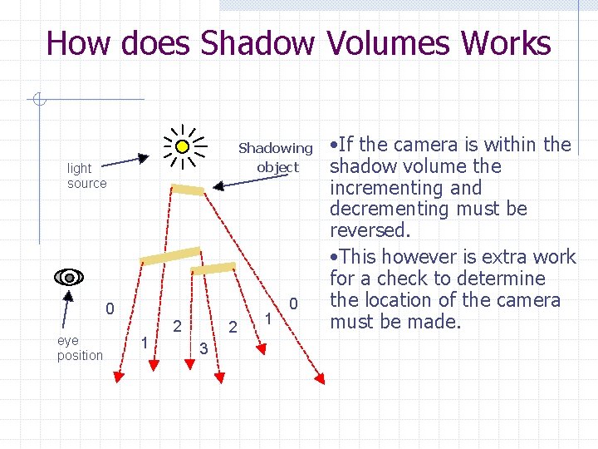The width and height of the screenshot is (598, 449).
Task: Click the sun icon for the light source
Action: coord(183,146)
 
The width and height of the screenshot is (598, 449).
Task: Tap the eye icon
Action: coord(71,277)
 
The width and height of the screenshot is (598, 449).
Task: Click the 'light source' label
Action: coord(87,175)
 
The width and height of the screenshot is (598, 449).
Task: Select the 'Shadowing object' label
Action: coord(276,158)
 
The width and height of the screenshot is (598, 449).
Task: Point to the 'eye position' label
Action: coord(80,348)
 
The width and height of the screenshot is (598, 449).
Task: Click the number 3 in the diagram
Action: coord(203,348)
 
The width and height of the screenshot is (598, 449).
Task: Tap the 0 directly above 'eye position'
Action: coord(109,309)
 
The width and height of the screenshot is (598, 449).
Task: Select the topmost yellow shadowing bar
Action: coord(188,190)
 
